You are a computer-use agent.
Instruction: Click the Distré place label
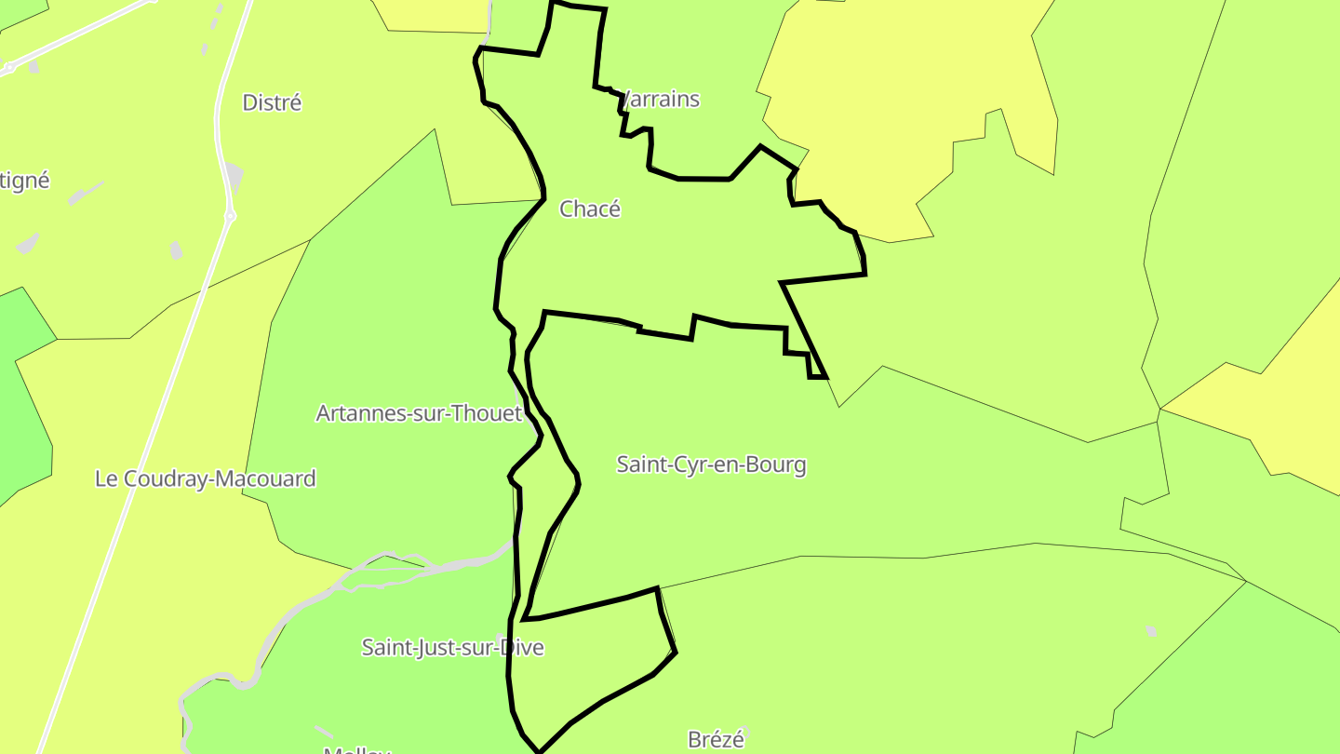click(272, 102)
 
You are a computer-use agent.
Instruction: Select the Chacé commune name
click(589, 209)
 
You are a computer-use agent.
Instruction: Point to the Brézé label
click(716, 740)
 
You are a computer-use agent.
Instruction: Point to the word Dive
click(522, 647)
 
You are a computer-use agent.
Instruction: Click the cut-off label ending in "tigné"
click(24, 181)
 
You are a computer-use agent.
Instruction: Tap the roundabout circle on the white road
click(230, 216)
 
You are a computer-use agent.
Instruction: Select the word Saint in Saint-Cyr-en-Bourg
click(640, 465)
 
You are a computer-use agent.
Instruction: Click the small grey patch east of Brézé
click(1152, 631)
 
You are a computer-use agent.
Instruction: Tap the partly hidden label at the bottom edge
click(356, 749)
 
